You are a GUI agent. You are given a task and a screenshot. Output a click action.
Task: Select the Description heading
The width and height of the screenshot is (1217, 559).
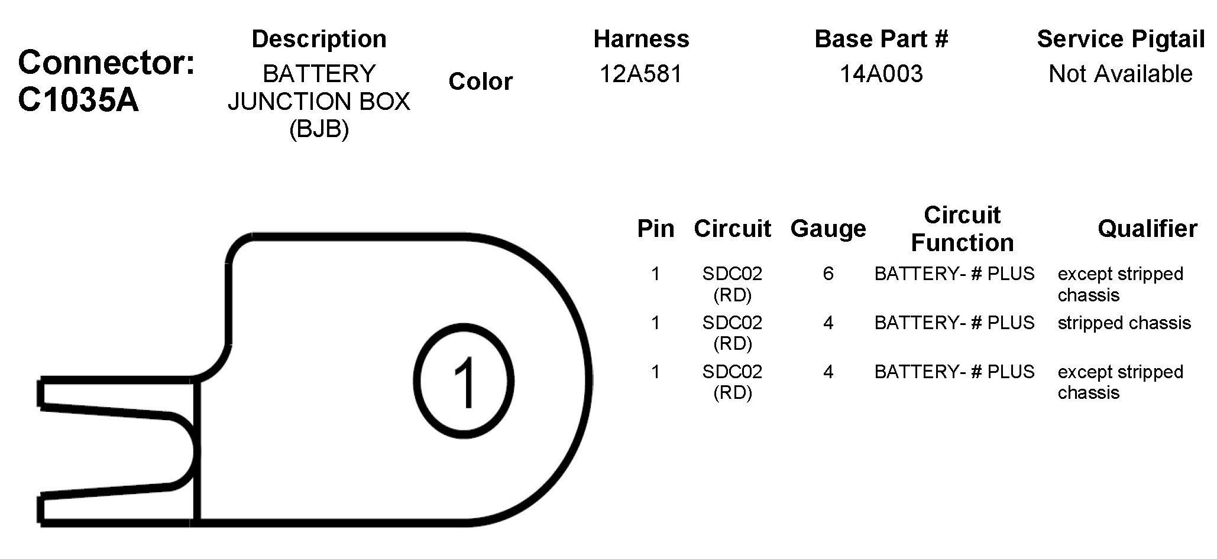[319, 39]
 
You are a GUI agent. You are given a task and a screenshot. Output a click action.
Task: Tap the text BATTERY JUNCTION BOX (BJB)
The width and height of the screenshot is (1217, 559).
[319, 101]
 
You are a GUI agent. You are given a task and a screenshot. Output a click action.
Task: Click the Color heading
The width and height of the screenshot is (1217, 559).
[480, 82]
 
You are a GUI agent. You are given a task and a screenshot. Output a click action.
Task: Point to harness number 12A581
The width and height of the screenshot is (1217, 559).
[641, 74]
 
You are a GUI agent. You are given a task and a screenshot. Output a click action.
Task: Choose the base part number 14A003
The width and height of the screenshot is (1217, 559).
[881, 74]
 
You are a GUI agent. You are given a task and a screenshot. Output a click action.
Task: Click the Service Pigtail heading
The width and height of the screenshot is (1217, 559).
[1121, 39]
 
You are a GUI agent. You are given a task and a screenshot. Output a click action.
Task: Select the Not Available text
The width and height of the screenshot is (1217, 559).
[1121, 74]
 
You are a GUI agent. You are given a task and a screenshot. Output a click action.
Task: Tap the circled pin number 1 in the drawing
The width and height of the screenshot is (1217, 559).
[464, 381]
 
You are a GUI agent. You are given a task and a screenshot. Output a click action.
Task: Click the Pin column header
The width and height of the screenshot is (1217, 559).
[655, 228]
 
